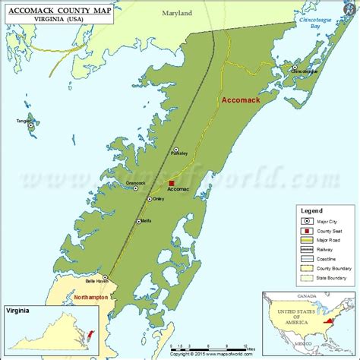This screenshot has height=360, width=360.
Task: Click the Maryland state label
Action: pos(177,13)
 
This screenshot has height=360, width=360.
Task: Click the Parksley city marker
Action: pos(176,150)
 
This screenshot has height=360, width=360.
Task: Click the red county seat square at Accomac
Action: pos(172,183)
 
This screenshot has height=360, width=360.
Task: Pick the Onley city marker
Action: pos(148,199)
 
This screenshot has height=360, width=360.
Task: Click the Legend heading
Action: pos(311,210)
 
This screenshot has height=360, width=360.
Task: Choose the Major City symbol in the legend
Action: pos(304,221)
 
